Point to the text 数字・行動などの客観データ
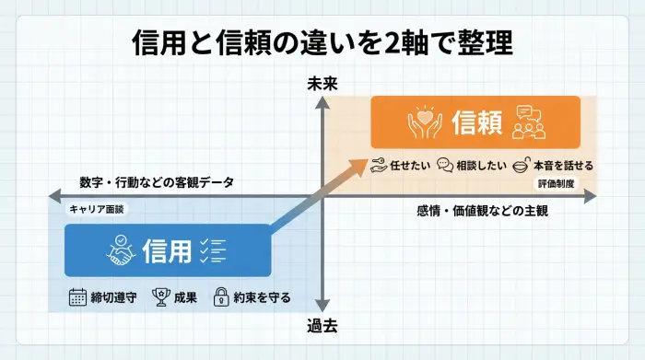coord(157,182)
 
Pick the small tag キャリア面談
coord(97,209)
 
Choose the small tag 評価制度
coord(560,184)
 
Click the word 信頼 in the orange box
coord(477,122)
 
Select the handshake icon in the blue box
coord(121,250)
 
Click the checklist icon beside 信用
coord(213,250)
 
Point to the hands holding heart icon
coord(423,122)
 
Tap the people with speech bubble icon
coord(530,122)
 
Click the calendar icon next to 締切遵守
coord(78,296)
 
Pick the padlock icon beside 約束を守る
coord(221,296)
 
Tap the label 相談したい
coord(477,166)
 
